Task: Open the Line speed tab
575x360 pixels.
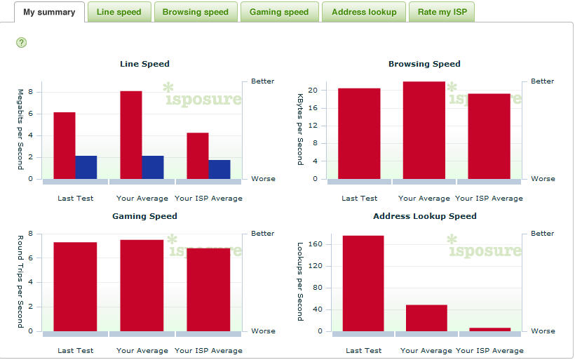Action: click(x=119, y=12)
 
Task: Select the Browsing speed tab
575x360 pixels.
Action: click(x=195, y=12)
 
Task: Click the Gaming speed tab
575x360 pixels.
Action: click(x=279, y=12)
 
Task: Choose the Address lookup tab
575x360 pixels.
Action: click(x=364, y=12)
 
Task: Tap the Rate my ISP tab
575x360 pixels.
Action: click(x=442, y=12)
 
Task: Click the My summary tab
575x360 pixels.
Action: click(x=49, y=12)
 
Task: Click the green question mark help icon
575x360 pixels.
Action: click(x=22, y=43)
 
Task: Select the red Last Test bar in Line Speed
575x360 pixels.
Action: click(x=65, y=145)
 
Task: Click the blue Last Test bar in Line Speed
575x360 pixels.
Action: click(x=86, y=167)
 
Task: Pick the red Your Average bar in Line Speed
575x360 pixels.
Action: click(x=131, y=135)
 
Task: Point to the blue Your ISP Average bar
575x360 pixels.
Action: click(x=219, y=169)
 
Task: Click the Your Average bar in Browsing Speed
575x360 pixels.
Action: click(x=424, y=131)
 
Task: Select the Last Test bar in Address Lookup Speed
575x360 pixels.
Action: click(x=363, y=284)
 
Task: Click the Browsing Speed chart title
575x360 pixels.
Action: click(x=424, y=64)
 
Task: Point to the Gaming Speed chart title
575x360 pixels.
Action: click(x=144, y=216)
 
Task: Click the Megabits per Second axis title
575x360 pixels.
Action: click(x=20, y=129)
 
